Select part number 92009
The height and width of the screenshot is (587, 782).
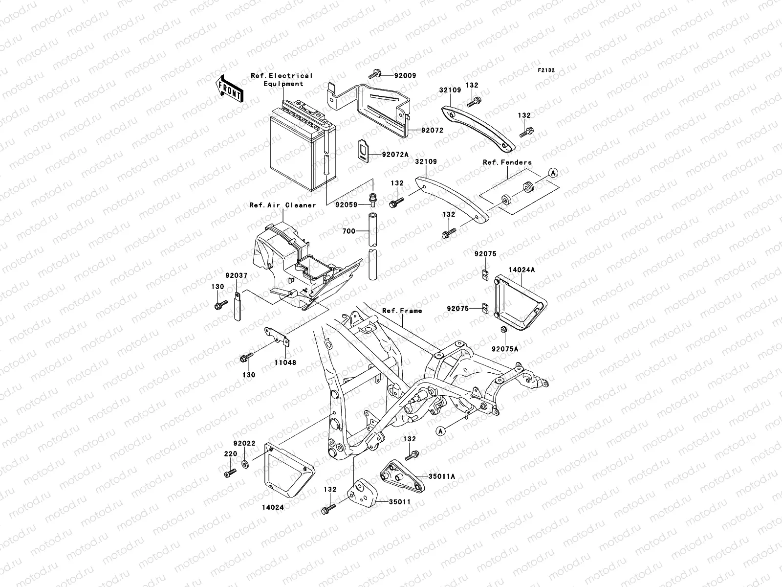(405, 76)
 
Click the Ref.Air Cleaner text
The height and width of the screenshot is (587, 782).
(282, 205)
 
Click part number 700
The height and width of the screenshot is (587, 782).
(349, 231)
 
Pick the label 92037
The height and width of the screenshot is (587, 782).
(237, 276)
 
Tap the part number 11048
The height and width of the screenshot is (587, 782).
(286, 363)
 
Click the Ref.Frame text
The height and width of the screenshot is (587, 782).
(402, 311)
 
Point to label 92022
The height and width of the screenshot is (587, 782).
(244, 444)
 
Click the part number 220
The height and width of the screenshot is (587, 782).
(230, 454)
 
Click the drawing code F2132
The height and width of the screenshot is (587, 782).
(546, 70)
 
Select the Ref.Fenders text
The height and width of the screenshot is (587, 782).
(507, 162)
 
